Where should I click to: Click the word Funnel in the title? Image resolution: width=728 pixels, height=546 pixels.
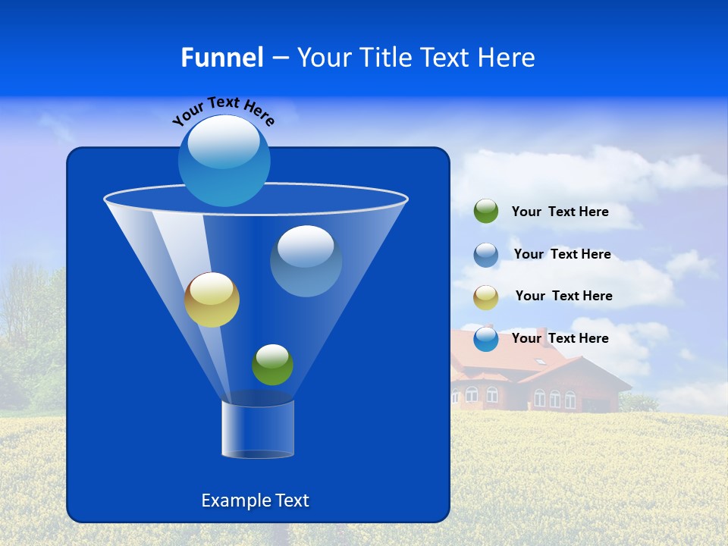tap(222, 58)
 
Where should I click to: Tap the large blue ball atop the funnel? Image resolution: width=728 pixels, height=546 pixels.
tap(224, 160)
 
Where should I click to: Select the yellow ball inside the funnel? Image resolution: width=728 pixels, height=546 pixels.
tap(212, 300)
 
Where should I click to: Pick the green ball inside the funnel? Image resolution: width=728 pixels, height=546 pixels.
tap(272, 365)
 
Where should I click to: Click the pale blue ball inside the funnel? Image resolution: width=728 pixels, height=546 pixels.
tap(306, 261)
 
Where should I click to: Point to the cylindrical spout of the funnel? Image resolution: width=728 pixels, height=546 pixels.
tap(258, 429)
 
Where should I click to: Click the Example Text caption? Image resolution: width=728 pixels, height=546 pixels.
tap(255, 500)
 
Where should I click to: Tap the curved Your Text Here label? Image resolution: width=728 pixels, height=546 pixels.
tap(223, 111)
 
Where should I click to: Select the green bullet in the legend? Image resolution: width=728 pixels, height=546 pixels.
tap(485, 212)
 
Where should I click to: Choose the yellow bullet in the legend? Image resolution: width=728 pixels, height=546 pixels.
tap(485, 297)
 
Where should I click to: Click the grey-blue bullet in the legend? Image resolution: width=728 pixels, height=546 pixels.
tap(485, 254)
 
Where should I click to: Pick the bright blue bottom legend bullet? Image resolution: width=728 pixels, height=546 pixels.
tap(485, 339)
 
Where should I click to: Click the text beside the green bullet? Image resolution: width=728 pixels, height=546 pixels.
tap(560, 212)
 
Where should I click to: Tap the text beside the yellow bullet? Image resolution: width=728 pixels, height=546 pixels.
tap(563, 296)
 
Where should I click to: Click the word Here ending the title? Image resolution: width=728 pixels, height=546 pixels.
tap(507, 58)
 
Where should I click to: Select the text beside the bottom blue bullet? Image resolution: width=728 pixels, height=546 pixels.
tap(560, 338)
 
